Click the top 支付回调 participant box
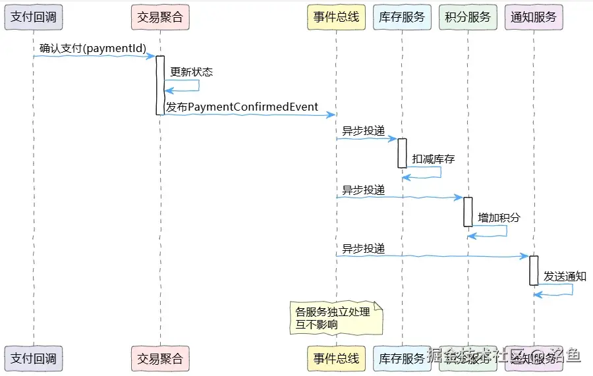[x=34, y=17]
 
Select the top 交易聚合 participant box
[x=160, y=17]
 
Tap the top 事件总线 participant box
[x=336, y=17]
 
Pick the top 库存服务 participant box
[x=402, y=17]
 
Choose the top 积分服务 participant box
[x=468, y=17]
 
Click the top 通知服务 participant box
[x=534, y=17]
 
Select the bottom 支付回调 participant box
[x=34, y=358]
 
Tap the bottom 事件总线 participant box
[x=336, y=358]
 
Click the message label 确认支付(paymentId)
[x=92, y=48]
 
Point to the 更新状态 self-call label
[x=191, y=72]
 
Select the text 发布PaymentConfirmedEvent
[x=242, y=107]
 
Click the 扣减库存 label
[x=433, y=159]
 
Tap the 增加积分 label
[x=499, y=217]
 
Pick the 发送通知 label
[x=565, y=276]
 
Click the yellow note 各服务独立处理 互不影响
[x=336, y=318]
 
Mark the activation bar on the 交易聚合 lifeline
[x=160, y=85]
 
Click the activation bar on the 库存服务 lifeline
[x=402, y=153]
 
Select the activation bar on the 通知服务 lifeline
[x=534, y=270]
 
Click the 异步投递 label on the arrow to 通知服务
[x=363, y=248]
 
